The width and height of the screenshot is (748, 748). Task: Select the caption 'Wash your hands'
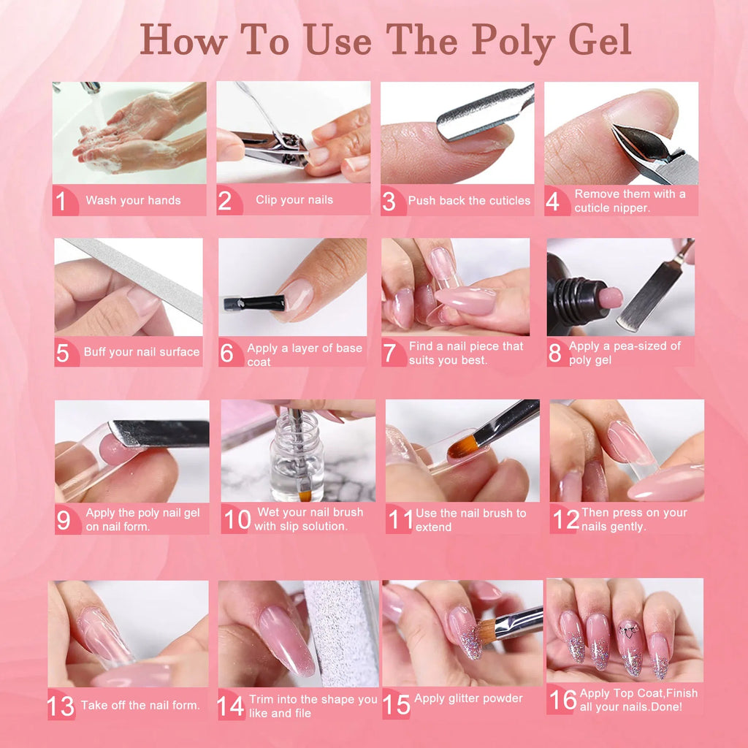pyautogui.click(x=133, y=200)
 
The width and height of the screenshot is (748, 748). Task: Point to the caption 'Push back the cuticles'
pyautogui.click(x=469, y=200)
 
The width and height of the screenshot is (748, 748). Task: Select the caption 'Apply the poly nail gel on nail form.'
pyautogui.click(x=142, y=519)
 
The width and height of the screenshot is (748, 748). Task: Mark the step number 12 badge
pyautogui.click(x=565, y=519)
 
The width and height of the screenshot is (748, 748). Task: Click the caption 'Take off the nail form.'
pyautogui.click(x=140, y=705)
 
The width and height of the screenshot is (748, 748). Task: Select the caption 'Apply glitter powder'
pyautogui.click(x=468, y=698)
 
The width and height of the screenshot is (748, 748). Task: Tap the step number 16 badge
pyautogui.click(x=562, y=700)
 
